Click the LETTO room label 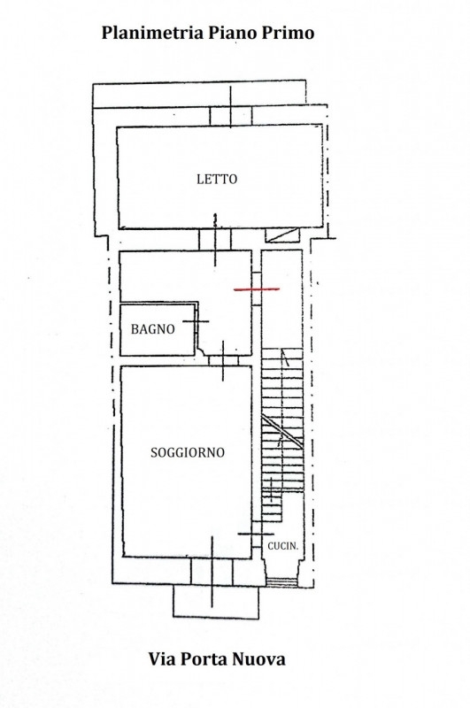(x=217, y=180)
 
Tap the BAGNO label (x=152, y=329)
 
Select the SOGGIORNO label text (x=188, y=452)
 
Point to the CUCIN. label (x=283, y=546)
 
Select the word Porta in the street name (x=204, y=659)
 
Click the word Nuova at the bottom (x=259, y=659)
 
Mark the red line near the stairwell (x=257, y=289)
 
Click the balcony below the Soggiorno (x=216, y=602)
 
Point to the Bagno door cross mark (x=196, y=321)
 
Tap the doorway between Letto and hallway (x=215, y=239)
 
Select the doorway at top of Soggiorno (x=223, y=360)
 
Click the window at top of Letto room (x=231, y=116)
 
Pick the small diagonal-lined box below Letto (x=282, y=235)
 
